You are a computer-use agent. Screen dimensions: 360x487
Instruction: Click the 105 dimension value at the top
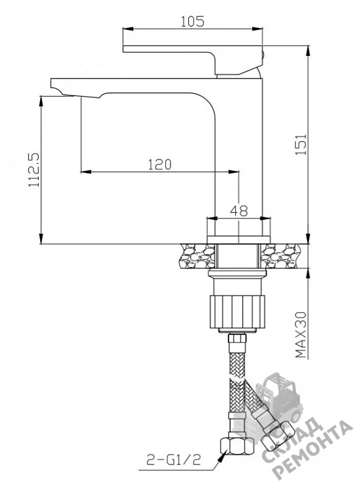[192, 21]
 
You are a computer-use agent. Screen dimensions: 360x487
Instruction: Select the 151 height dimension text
[301, 145]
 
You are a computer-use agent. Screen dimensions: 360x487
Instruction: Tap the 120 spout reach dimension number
[160, 164]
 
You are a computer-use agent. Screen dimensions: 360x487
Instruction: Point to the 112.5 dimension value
[34, 170]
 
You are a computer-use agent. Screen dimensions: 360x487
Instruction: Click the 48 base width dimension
[239, 211]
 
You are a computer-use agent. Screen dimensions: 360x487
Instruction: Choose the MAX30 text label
[301, 335]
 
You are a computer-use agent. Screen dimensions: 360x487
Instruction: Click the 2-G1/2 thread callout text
[174, 460]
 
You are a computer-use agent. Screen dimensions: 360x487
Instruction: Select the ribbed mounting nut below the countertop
[237, 312]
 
